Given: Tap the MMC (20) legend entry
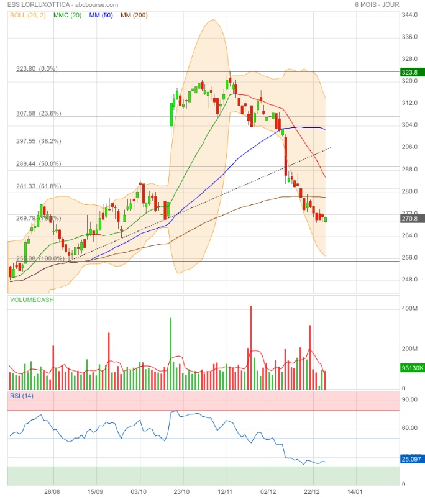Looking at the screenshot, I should [68, 15].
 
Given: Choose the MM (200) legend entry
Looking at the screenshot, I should [134, 15].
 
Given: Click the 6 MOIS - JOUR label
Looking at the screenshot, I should [377, 4].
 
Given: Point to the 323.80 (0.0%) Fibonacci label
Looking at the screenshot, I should [37, 69].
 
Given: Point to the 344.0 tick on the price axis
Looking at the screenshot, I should [409, 15].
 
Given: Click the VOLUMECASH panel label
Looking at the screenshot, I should [32, 300].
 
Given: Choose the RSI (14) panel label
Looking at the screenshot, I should [22, 396].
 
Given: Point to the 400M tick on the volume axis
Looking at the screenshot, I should [409, 309].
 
